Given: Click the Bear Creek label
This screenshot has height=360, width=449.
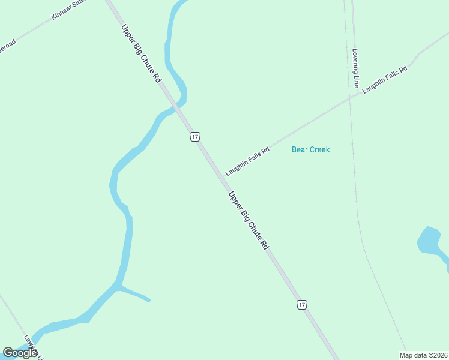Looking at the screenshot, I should click(310, 149).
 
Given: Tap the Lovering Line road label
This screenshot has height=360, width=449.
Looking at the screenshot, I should click(356, 68).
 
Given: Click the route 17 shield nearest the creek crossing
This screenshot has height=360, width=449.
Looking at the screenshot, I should click(194, 137).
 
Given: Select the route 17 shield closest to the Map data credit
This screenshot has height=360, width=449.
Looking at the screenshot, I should click(302, 305).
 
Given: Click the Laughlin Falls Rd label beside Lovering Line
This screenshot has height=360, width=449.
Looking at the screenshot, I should click(385, 78).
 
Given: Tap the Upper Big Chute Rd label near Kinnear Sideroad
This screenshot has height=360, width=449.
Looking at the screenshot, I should click(142, 53).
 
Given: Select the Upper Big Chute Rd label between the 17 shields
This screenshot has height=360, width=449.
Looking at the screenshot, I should click(249, 220).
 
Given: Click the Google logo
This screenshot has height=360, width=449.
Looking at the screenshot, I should click(20, 353).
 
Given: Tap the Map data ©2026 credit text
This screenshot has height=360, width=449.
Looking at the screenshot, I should click(424, 355).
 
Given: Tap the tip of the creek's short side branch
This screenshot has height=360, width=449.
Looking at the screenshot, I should click(149, 300).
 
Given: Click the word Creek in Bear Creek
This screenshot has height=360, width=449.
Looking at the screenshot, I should click(319, 149).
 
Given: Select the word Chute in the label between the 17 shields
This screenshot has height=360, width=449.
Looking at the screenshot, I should click(255, 229).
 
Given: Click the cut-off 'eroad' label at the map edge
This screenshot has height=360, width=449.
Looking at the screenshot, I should click(7, 47).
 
